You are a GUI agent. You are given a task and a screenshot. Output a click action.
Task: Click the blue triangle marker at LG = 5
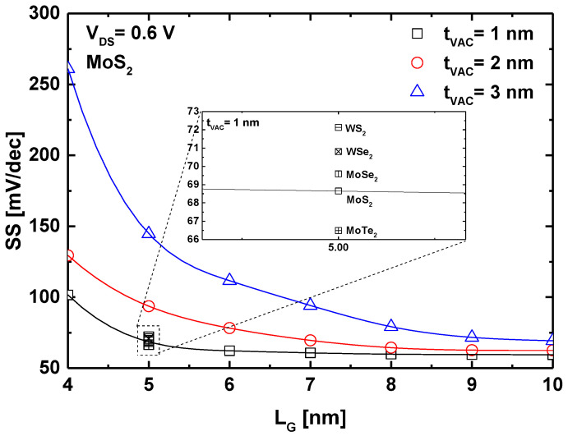149,232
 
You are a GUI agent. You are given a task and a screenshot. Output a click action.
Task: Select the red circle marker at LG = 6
229,328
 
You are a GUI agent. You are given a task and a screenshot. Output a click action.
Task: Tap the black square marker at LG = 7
310,352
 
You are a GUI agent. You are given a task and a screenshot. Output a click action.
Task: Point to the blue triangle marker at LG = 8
391,325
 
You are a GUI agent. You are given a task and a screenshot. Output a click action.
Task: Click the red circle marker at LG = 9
472,350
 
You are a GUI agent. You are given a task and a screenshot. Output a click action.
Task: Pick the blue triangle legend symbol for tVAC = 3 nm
418,90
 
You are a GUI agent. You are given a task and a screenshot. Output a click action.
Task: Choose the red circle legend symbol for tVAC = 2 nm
418,62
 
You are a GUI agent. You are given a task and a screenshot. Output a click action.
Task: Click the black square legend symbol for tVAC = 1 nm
418,34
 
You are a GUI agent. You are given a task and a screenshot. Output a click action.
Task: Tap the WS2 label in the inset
355,129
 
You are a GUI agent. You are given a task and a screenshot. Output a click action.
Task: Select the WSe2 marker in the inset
339,152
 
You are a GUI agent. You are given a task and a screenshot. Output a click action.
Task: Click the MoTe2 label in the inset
362,232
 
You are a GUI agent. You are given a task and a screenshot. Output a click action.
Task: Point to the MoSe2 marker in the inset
339,174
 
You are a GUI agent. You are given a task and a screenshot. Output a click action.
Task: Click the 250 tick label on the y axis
44,85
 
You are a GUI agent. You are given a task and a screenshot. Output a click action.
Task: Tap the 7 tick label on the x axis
310,385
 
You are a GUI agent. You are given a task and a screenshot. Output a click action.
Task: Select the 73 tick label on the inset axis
193,112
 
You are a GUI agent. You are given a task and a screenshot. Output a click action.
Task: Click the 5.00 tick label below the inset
339,247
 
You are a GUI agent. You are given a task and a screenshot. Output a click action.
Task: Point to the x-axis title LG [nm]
310,420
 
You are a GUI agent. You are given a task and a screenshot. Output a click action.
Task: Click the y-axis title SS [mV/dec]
15,190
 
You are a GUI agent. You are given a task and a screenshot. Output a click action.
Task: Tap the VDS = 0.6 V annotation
131,35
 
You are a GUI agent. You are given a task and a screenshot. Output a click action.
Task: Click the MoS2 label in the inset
359,201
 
